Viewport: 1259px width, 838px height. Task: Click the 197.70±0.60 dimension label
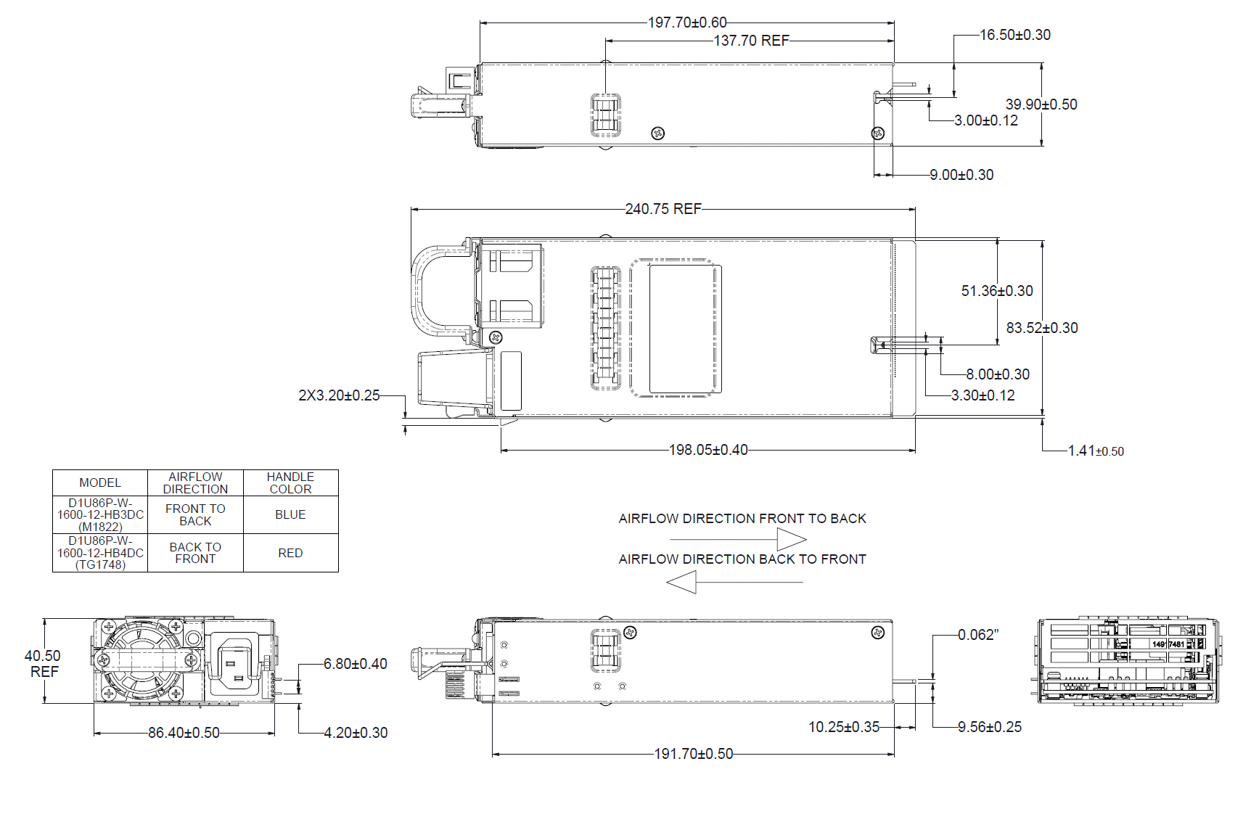coord(686,22)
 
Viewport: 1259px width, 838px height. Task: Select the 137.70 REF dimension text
coord(751,41)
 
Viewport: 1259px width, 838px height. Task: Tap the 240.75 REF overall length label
coord(663,209)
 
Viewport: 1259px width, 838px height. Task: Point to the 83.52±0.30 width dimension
coord(1041,328)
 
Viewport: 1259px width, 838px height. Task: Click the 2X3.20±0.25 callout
coord(339,395)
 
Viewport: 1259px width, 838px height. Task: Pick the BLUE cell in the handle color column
coord(290,514)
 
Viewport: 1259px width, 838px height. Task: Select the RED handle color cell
coord(290,553)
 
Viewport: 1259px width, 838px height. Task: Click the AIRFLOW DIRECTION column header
coord(195,482)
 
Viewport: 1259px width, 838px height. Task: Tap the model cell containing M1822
coord(100,514)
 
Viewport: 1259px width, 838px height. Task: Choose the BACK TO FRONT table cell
coord(195,553)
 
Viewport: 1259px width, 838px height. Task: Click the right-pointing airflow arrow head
coord(791,539)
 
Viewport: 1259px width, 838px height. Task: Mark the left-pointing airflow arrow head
coord(682,582)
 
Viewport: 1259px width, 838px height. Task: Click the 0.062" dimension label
coord(977,635)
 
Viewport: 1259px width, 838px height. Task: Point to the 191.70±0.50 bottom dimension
coord(693,754)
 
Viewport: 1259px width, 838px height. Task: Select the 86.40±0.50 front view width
coord(184,733)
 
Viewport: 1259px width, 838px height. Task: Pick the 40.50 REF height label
coord(43,663)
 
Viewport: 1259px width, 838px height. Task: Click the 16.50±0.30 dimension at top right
coord(1014,35)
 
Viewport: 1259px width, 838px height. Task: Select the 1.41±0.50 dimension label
coord(1095,451)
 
